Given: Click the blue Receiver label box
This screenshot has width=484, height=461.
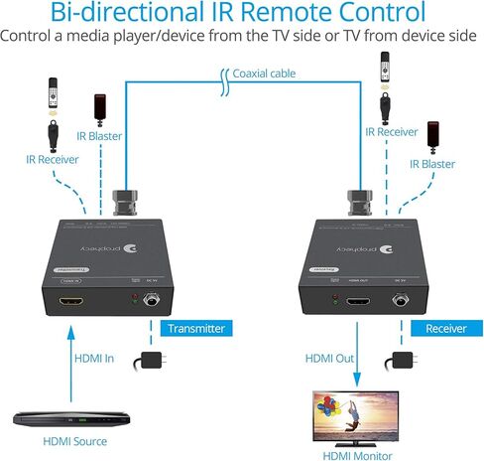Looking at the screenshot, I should click(x=444, y=328).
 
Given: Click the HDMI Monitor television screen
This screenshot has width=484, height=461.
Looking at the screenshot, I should click(x=353, y=414).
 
